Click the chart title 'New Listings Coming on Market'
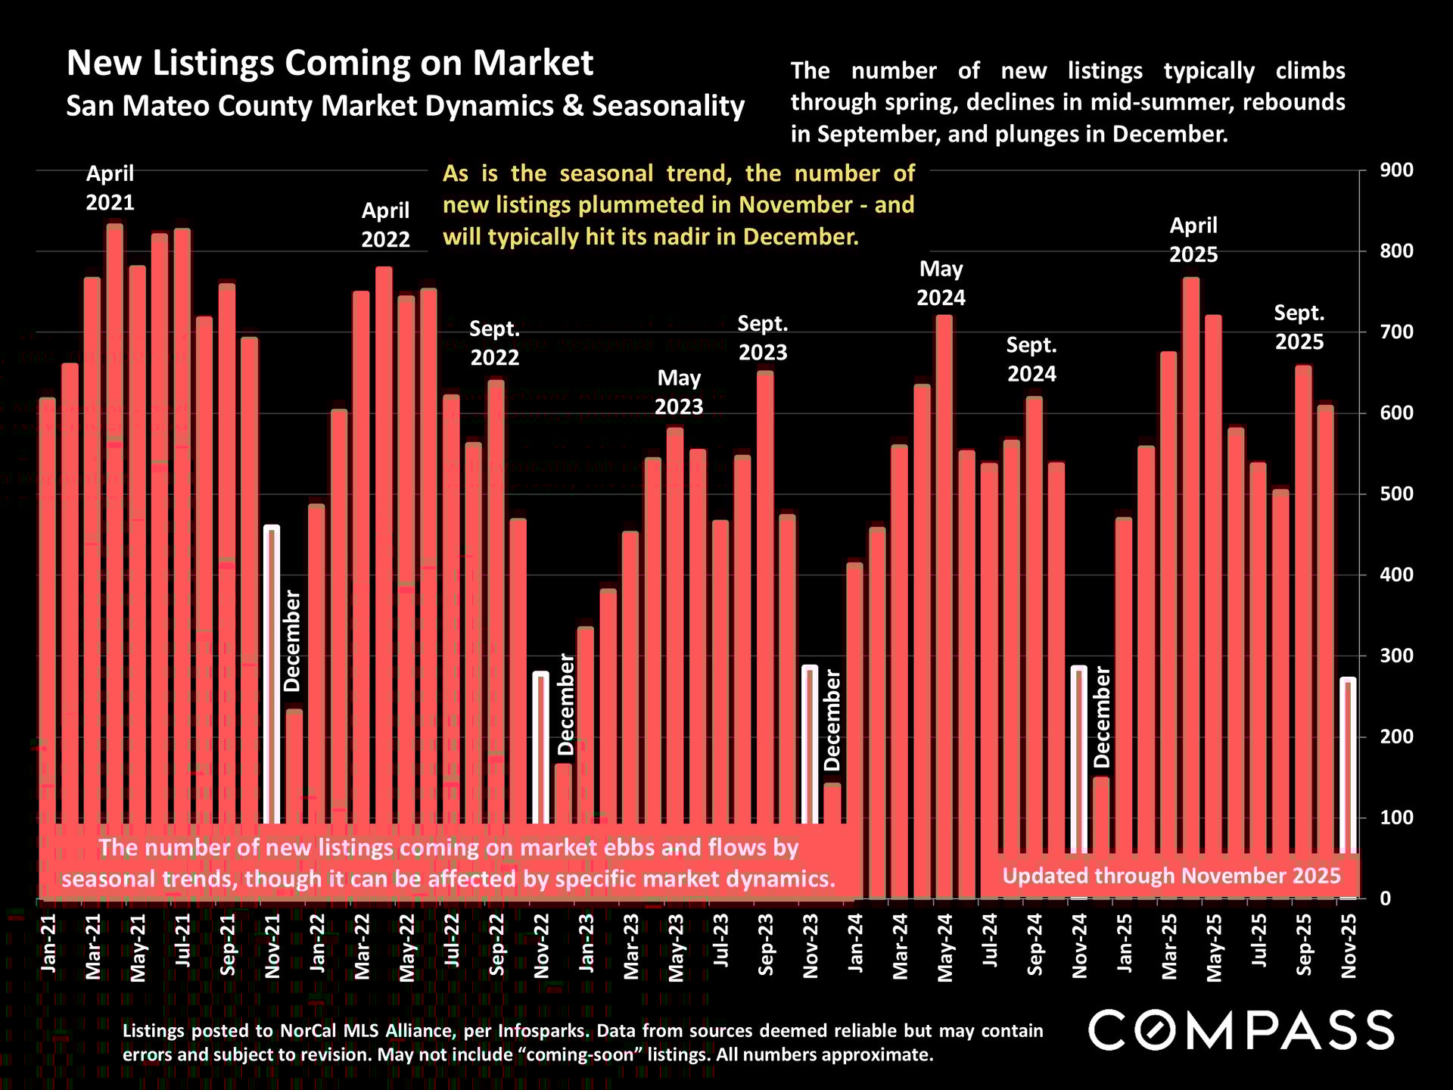pyautogui.click(x=330, y=63)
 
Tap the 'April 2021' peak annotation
pyautogui.click(x=110, y=188)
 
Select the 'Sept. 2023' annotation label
pyautogui.click(x=762, y=338)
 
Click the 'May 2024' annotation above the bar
pyautogui.click(x=941, y=283)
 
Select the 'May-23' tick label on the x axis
pyautogui.click(x=677, y=947)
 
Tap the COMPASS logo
pyautogui.click(x=1241, y=1029)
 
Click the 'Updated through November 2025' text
pyautogui.click(x=1171, y=876)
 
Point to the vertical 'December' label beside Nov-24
pyautogui.click(x=1102, y=717)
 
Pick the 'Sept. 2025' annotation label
pyautogui.click(x=1299, y=327)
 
